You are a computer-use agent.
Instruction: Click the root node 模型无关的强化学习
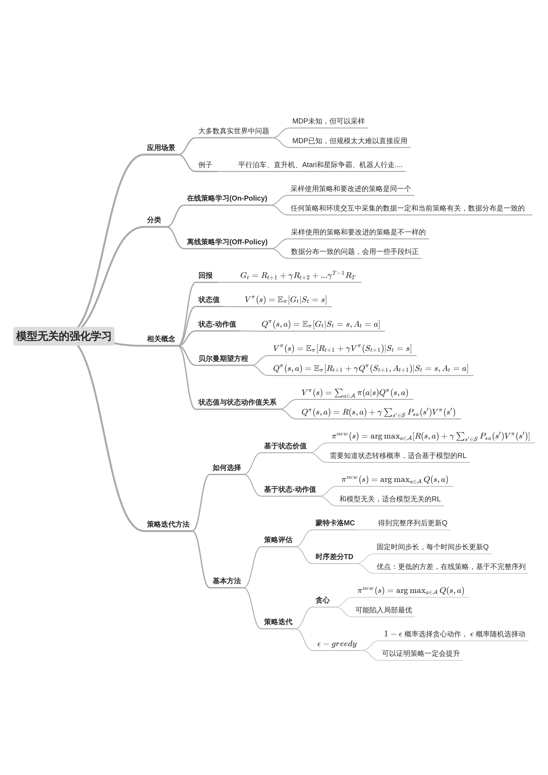click(64, 336)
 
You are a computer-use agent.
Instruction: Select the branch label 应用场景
click(161, 148)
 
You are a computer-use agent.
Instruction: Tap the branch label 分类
click(154, 220)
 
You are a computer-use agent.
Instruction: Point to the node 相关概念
click(161, 339)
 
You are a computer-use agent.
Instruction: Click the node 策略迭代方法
click(168, 524)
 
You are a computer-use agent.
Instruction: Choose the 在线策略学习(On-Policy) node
click(227, 198)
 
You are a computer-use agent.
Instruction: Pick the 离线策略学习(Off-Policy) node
click(227, 242)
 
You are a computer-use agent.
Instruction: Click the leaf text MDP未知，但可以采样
click(328, 121)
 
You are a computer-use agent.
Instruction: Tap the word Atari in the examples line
click(309, 165)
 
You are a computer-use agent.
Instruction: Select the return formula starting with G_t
click(297, 276)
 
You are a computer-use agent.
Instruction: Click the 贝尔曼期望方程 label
click(223, 358)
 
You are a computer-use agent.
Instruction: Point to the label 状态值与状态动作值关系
click(237, 402)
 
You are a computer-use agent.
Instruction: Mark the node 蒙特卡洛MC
click(335, 523)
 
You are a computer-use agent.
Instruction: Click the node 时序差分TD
click(334, 557)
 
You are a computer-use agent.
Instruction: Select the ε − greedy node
click(337, 644)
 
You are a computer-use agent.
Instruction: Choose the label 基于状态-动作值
click(290, 490)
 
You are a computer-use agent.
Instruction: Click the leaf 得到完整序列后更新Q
click(412, 523)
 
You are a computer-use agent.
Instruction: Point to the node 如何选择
click(227, 468)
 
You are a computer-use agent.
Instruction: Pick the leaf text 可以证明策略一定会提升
click(420, 654)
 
